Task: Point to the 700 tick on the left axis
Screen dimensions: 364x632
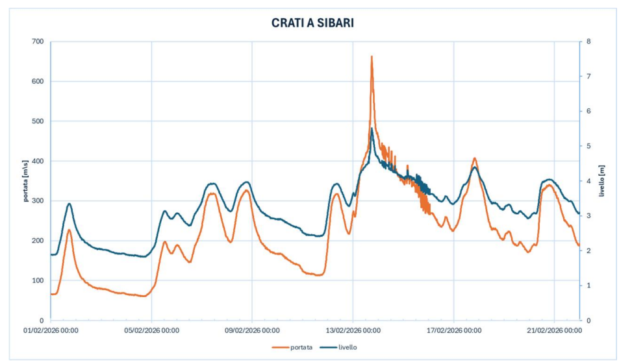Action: click(x=37, y=42)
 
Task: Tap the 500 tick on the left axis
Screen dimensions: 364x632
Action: click(x=37, y=121)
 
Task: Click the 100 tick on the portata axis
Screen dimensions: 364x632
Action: click(x=37, y=280)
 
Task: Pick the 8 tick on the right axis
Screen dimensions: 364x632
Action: click(x=588, y=42)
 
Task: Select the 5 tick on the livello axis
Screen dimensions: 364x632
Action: click(x=588, y=146)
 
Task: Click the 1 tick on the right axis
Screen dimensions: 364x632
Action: click(x=588, y=285)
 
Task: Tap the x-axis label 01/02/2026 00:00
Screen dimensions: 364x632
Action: click(x=51, y=330)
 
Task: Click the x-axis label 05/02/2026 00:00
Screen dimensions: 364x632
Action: click(x=151, y=330)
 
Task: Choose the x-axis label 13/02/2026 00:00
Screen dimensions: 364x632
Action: click(x=353, y=330)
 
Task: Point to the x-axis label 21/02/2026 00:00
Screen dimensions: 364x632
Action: click(x=554, y=330)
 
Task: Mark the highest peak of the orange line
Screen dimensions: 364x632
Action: click(x=372, y=56)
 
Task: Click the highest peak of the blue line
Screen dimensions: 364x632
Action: click(x=372, y=128)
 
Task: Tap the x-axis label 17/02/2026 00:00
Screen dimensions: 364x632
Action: click(x=453, y=330)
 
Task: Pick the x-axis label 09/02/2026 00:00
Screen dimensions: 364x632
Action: click(x=252, y=330)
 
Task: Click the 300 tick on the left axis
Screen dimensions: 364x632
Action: click(x=37, y=200)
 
